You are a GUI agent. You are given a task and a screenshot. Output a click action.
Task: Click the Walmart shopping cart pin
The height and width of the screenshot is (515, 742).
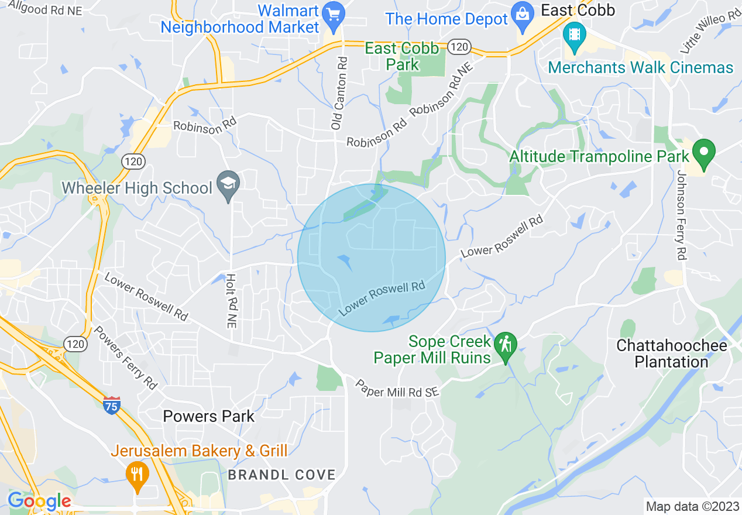point(334,15)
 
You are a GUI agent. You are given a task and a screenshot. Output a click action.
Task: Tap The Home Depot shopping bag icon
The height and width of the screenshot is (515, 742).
point(520,13)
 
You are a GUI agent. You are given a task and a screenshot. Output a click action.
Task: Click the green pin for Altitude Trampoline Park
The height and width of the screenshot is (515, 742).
point(704,152)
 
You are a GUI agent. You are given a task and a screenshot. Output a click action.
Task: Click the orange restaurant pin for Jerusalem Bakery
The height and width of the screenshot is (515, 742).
point(137,475)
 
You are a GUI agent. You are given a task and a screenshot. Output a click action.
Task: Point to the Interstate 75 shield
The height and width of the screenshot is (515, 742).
point(111,404)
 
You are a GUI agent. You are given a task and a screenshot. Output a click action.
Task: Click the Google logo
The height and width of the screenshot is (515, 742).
point(39,502)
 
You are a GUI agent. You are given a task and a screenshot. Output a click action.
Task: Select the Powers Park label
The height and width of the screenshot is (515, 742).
point(209,417)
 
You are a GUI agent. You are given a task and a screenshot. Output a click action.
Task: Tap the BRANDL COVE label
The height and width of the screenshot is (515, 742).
point(281,475)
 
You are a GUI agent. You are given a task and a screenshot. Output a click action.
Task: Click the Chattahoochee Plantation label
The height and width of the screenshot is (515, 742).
point(672,353)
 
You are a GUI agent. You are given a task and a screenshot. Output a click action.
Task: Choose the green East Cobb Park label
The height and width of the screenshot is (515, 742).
point(402,56)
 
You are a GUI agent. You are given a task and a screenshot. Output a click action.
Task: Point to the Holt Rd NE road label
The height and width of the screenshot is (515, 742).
point(231,308)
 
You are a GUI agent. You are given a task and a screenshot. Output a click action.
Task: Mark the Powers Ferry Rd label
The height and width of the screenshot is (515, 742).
point(126,358)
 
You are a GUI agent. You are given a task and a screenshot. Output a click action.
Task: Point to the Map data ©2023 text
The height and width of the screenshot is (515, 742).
point(692,506)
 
